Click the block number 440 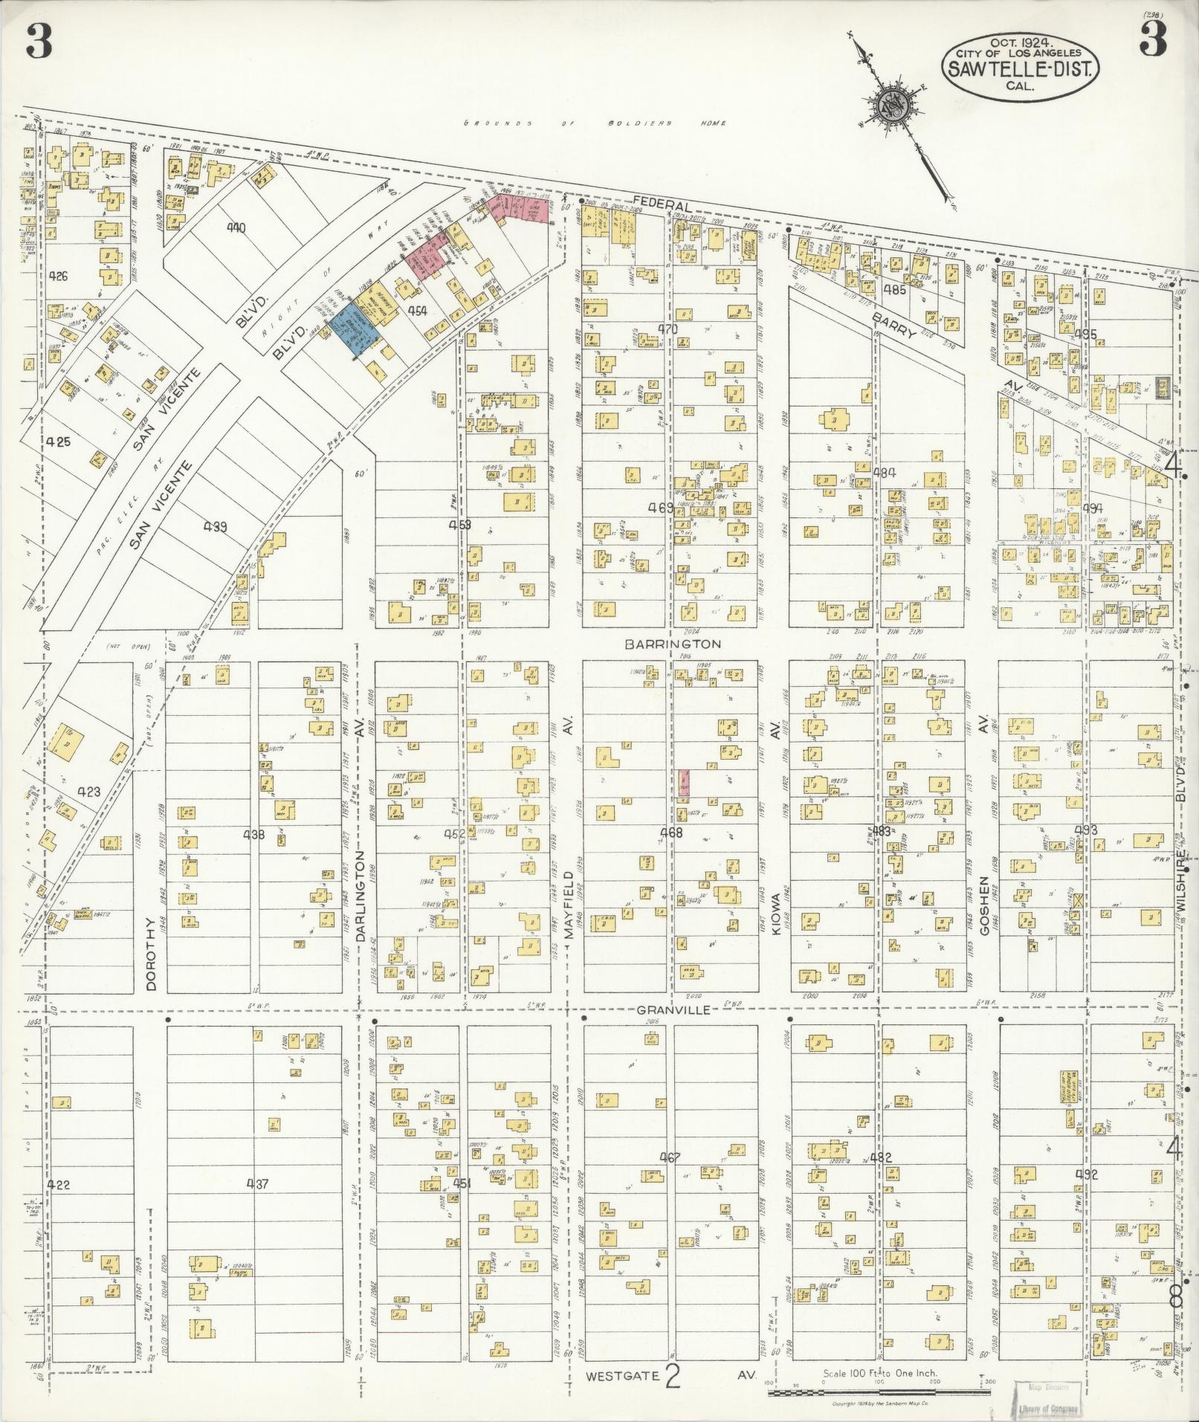click(x=236, y=228)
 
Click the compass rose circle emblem click(x=891, y=104)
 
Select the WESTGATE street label click(x=622, y=1376)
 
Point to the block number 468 click(x=670, y=833)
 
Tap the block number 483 click(x=881, y=831)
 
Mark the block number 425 click(x=58, y=441)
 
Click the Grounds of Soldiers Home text click(x=595, y=123)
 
